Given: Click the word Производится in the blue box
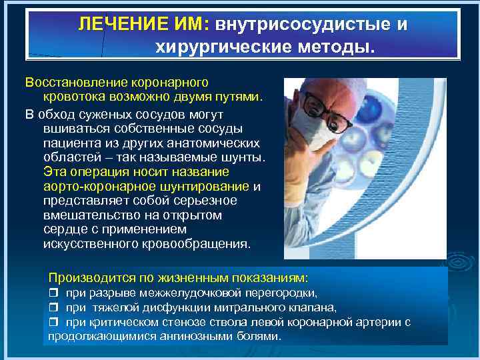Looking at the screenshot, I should [x=86, y=277].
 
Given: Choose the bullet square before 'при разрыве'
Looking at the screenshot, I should [x=55, y=293].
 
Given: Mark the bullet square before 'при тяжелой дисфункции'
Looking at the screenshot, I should [x=55, y=307].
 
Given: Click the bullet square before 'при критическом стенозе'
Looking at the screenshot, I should [x=55, y=322].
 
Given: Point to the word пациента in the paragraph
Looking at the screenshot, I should [x=68, y=143].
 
